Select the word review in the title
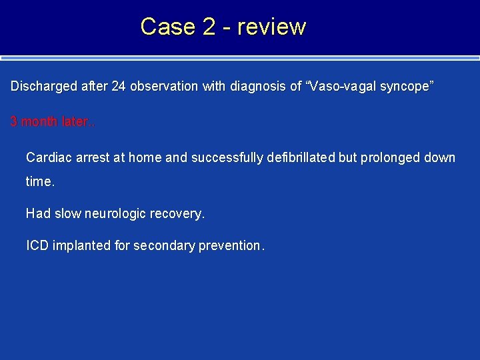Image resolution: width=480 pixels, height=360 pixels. (x=271, y=27)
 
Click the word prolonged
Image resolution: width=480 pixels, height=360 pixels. (x=391, y=158)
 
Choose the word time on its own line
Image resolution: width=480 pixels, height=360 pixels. (x=39, y=182)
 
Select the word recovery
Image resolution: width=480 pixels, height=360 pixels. (x=177, y=214)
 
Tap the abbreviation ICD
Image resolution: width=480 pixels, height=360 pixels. (x=37, y=245)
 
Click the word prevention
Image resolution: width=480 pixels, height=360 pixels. (x=231, y=245)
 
